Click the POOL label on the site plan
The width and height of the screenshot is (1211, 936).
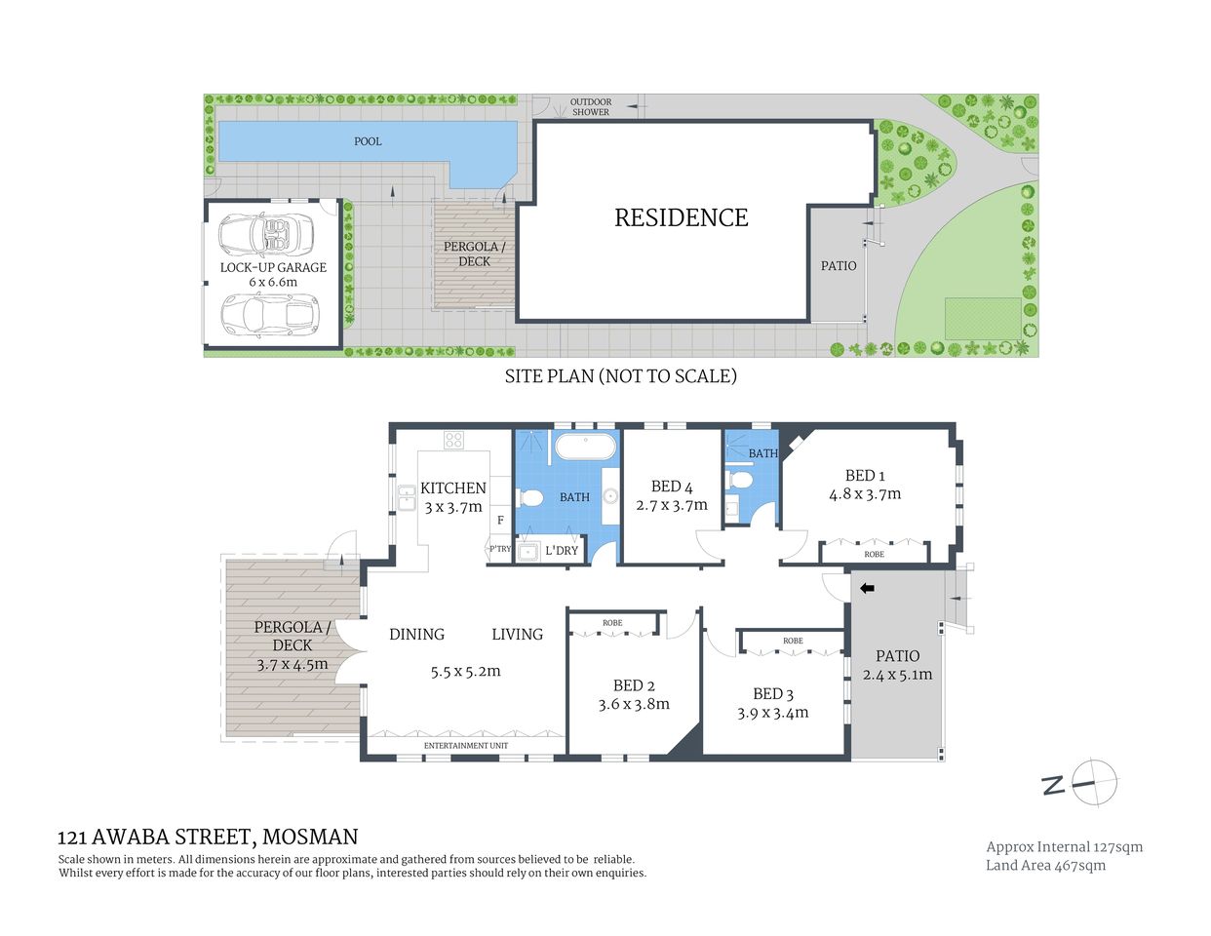point(368,141)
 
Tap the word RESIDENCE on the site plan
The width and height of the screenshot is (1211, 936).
point(681,217)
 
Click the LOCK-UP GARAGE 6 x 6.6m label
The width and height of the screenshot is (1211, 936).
point(273,274)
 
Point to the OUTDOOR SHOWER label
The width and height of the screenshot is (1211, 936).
point(591,107)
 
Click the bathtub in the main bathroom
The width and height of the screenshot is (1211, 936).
point(585,448)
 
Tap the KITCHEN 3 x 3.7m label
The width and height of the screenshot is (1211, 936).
point(453,497)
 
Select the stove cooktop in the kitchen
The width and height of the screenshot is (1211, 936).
point(453,440)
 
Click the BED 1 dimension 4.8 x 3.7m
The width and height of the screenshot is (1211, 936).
point(865,494)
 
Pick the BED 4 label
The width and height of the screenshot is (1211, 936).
point(672,487)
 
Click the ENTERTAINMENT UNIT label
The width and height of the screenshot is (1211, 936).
point(466,746)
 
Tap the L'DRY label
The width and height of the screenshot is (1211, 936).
point(562,551)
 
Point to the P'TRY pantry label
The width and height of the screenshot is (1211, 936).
point(499,550)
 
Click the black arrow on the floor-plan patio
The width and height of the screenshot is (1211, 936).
point(867,588)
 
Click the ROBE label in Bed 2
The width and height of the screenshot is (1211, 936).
point(612,623)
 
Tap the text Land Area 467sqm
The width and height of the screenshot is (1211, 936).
point(1045,866)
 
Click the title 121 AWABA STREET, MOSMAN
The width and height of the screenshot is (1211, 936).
point(208,837)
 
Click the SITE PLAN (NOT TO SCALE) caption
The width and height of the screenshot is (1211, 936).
point(620,375)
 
